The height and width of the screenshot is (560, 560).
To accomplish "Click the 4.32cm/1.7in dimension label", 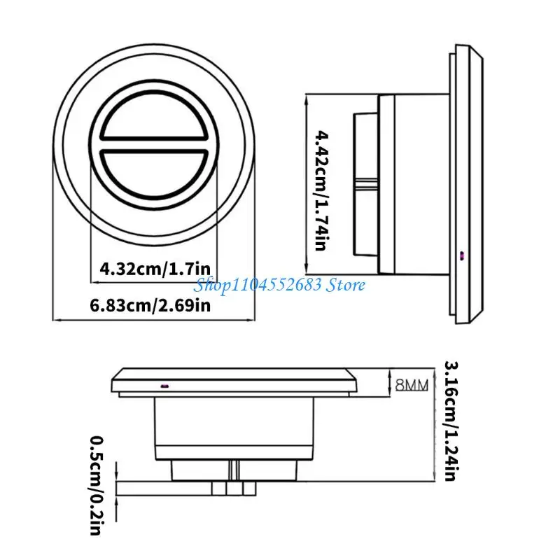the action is [155, 269].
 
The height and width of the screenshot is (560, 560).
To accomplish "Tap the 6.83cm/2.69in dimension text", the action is [150, 305].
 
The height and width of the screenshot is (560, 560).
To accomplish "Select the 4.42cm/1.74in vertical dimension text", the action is [321, 191].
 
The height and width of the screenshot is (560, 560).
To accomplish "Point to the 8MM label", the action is [412, 385].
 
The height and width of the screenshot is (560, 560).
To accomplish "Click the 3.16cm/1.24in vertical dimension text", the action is [451, 421].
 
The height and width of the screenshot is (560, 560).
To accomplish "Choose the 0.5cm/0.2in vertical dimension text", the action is [97, 485].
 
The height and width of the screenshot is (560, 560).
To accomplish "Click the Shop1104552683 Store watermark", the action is [279, 285].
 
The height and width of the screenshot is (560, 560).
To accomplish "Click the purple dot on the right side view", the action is [462, 255].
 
